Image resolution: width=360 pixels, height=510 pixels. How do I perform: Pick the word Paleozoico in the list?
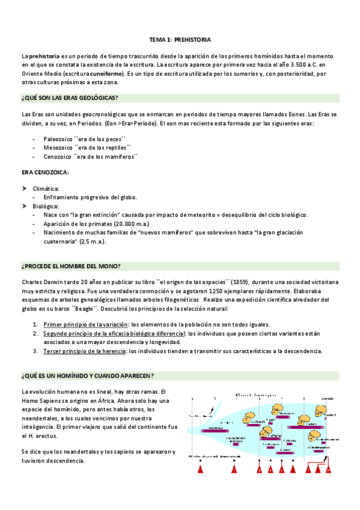58,138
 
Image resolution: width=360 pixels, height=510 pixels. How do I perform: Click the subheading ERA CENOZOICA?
45,173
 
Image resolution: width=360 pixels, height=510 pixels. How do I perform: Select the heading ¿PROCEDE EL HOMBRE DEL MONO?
71,250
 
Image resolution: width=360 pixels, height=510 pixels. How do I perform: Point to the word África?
114,401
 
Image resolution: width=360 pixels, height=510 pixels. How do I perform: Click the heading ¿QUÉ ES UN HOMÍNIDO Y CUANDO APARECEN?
87,376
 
